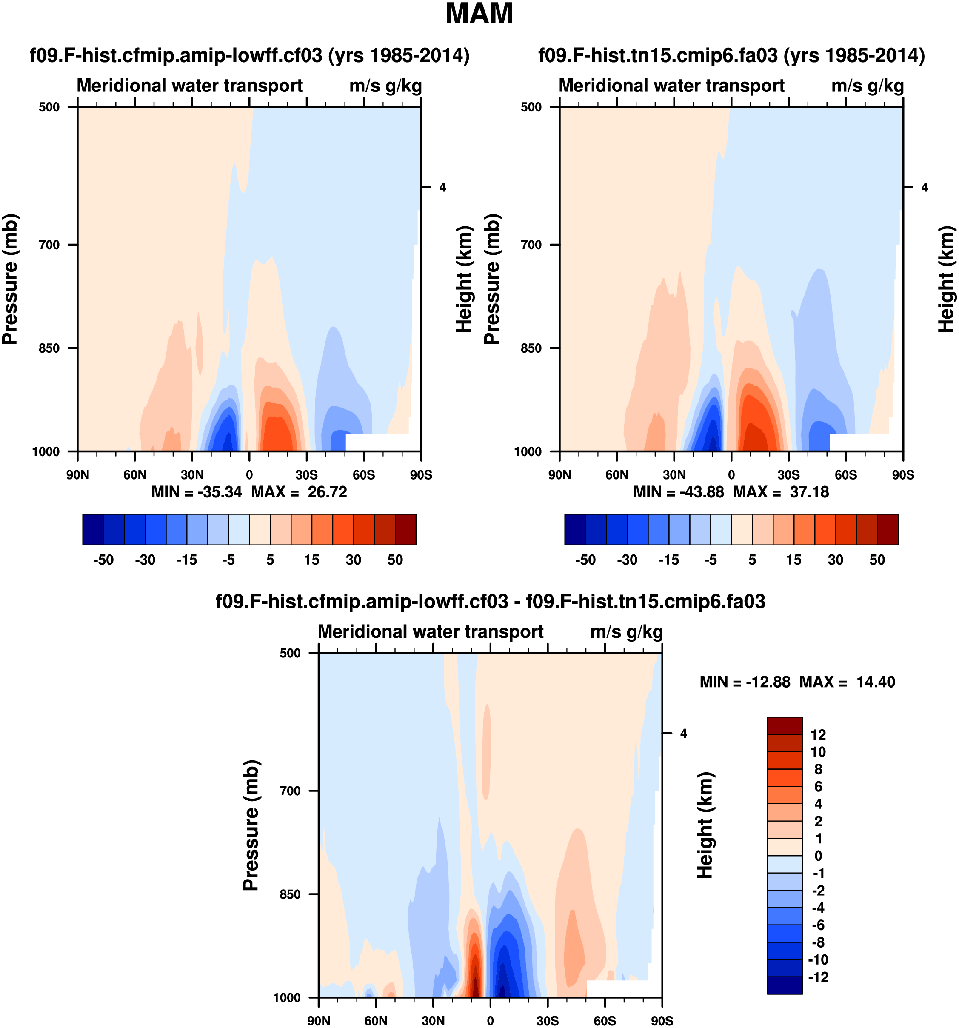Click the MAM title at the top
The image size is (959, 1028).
click(479, 14)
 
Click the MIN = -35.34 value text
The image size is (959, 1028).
click(197, 492)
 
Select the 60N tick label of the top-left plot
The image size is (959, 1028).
click(135, 475)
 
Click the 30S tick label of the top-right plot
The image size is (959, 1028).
click(788, 475)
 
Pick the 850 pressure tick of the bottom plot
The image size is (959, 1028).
click(291, 894)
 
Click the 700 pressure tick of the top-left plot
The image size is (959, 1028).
click(50, 245)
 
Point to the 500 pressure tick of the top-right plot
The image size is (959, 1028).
click(531, 107)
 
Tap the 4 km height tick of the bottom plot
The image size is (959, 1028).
click(683, 733)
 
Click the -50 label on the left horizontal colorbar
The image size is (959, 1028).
click(103, 560)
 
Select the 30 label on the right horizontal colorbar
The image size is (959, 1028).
click(836, 560)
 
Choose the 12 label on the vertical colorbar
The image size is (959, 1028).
click(818, 734)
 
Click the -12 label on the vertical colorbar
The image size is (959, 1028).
click(818, 977)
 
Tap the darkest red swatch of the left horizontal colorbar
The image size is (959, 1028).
click(405, 529)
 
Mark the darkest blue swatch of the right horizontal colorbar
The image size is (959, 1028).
click(575, 529)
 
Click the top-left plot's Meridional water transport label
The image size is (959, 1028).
click(190, 86)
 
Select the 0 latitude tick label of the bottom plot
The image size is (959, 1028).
click(490, 1021)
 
